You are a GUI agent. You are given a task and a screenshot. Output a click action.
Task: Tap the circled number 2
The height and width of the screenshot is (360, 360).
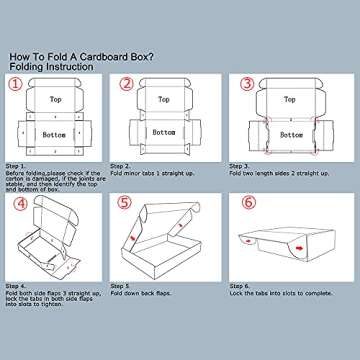pos(127,84)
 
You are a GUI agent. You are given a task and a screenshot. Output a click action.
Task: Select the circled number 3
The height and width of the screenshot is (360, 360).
pos(247,84)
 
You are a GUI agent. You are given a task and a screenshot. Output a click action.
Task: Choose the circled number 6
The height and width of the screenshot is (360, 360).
pos(247,205)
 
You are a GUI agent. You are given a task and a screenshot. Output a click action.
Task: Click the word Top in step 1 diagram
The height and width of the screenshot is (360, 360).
pos(55,100)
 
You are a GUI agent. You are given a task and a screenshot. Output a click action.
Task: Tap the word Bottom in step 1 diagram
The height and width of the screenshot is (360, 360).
pos(55,133)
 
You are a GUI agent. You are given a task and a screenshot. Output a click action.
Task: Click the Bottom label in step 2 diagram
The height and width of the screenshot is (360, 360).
pos(166,132)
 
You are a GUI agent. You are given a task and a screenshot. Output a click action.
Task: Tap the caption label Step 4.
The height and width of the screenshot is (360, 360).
pos(17,285)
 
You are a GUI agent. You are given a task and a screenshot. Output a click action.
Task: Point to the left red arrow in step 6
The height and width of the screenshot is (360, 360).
pos(247,240)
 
